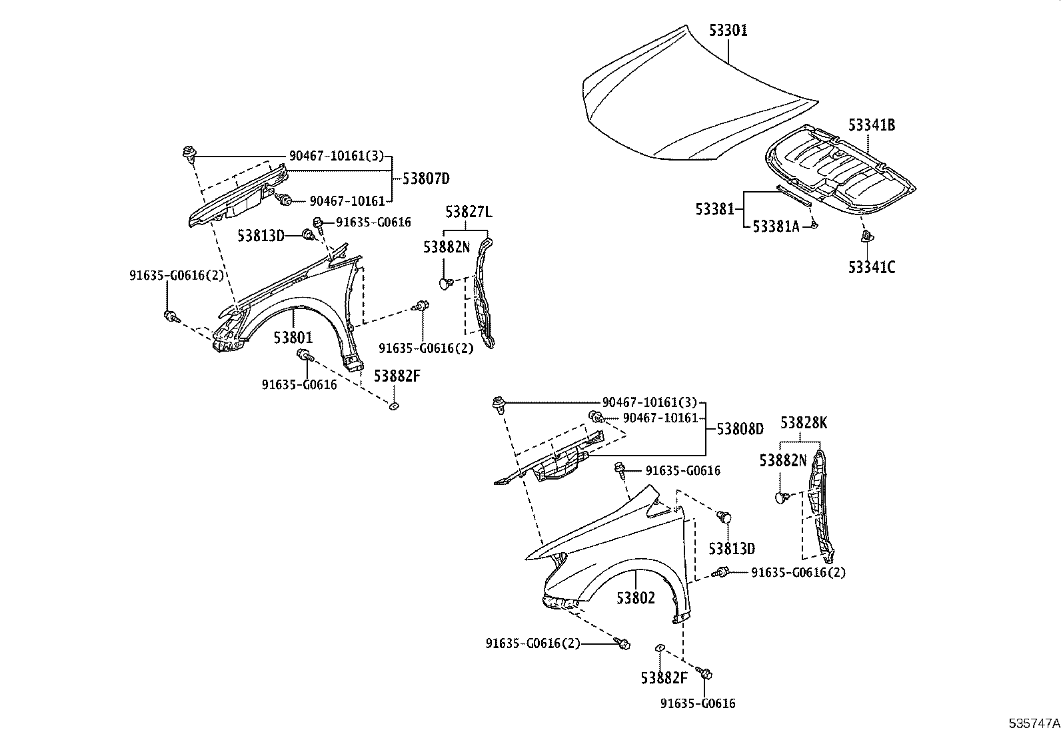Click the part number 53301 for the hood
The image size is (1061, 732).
click(728, 30)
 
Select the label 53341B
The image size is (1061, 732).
click(871, 125)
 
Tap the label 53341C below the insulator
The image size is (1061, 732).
click(871, 267)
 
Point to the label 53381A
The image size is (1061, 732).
click(775, 226)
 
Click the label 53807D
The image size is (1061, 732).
click(426, 179)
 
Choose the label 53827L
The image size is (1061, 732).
click(469, 212)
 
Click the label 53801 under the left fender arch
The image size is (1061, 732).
click(293, 338)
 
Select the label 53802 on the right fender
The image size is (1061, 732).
click(635, 598)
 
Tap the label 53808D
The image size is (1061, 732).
click(740, 430)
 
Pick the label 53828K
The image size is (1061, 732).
click(804, 422)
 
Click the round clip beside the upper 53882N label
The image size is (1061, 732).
click(446, 284)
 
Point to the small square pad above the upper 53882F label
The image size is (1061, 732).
click(393, 404)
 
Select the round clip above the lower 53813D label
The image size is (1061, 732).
click(725, 516)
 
